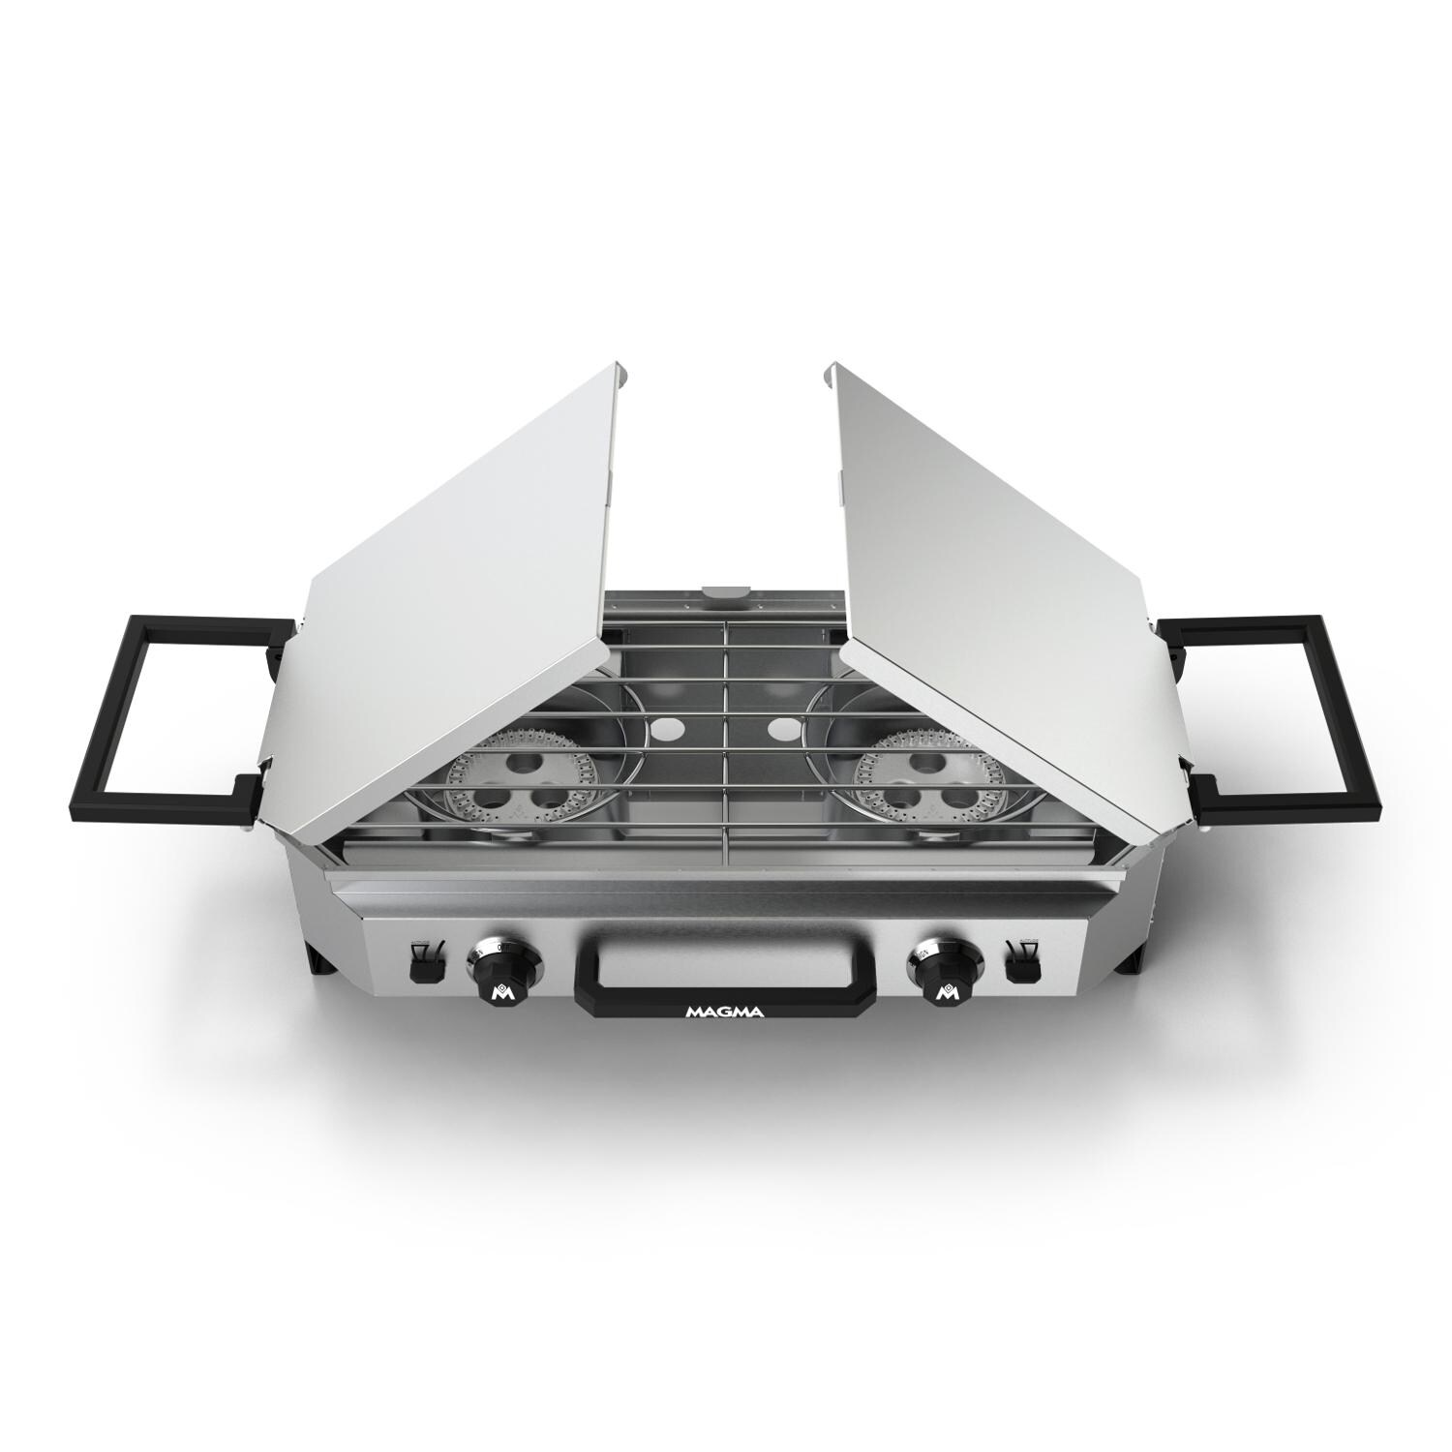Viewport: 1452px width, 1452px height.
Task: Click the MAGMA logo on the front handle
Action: [x=725, y=1013]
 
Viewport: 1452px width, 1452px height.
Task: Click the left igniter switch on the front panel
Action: [x=424, y=964]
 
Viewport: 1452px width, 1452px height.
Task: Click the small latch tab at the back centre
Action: [x=725, y=590]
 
